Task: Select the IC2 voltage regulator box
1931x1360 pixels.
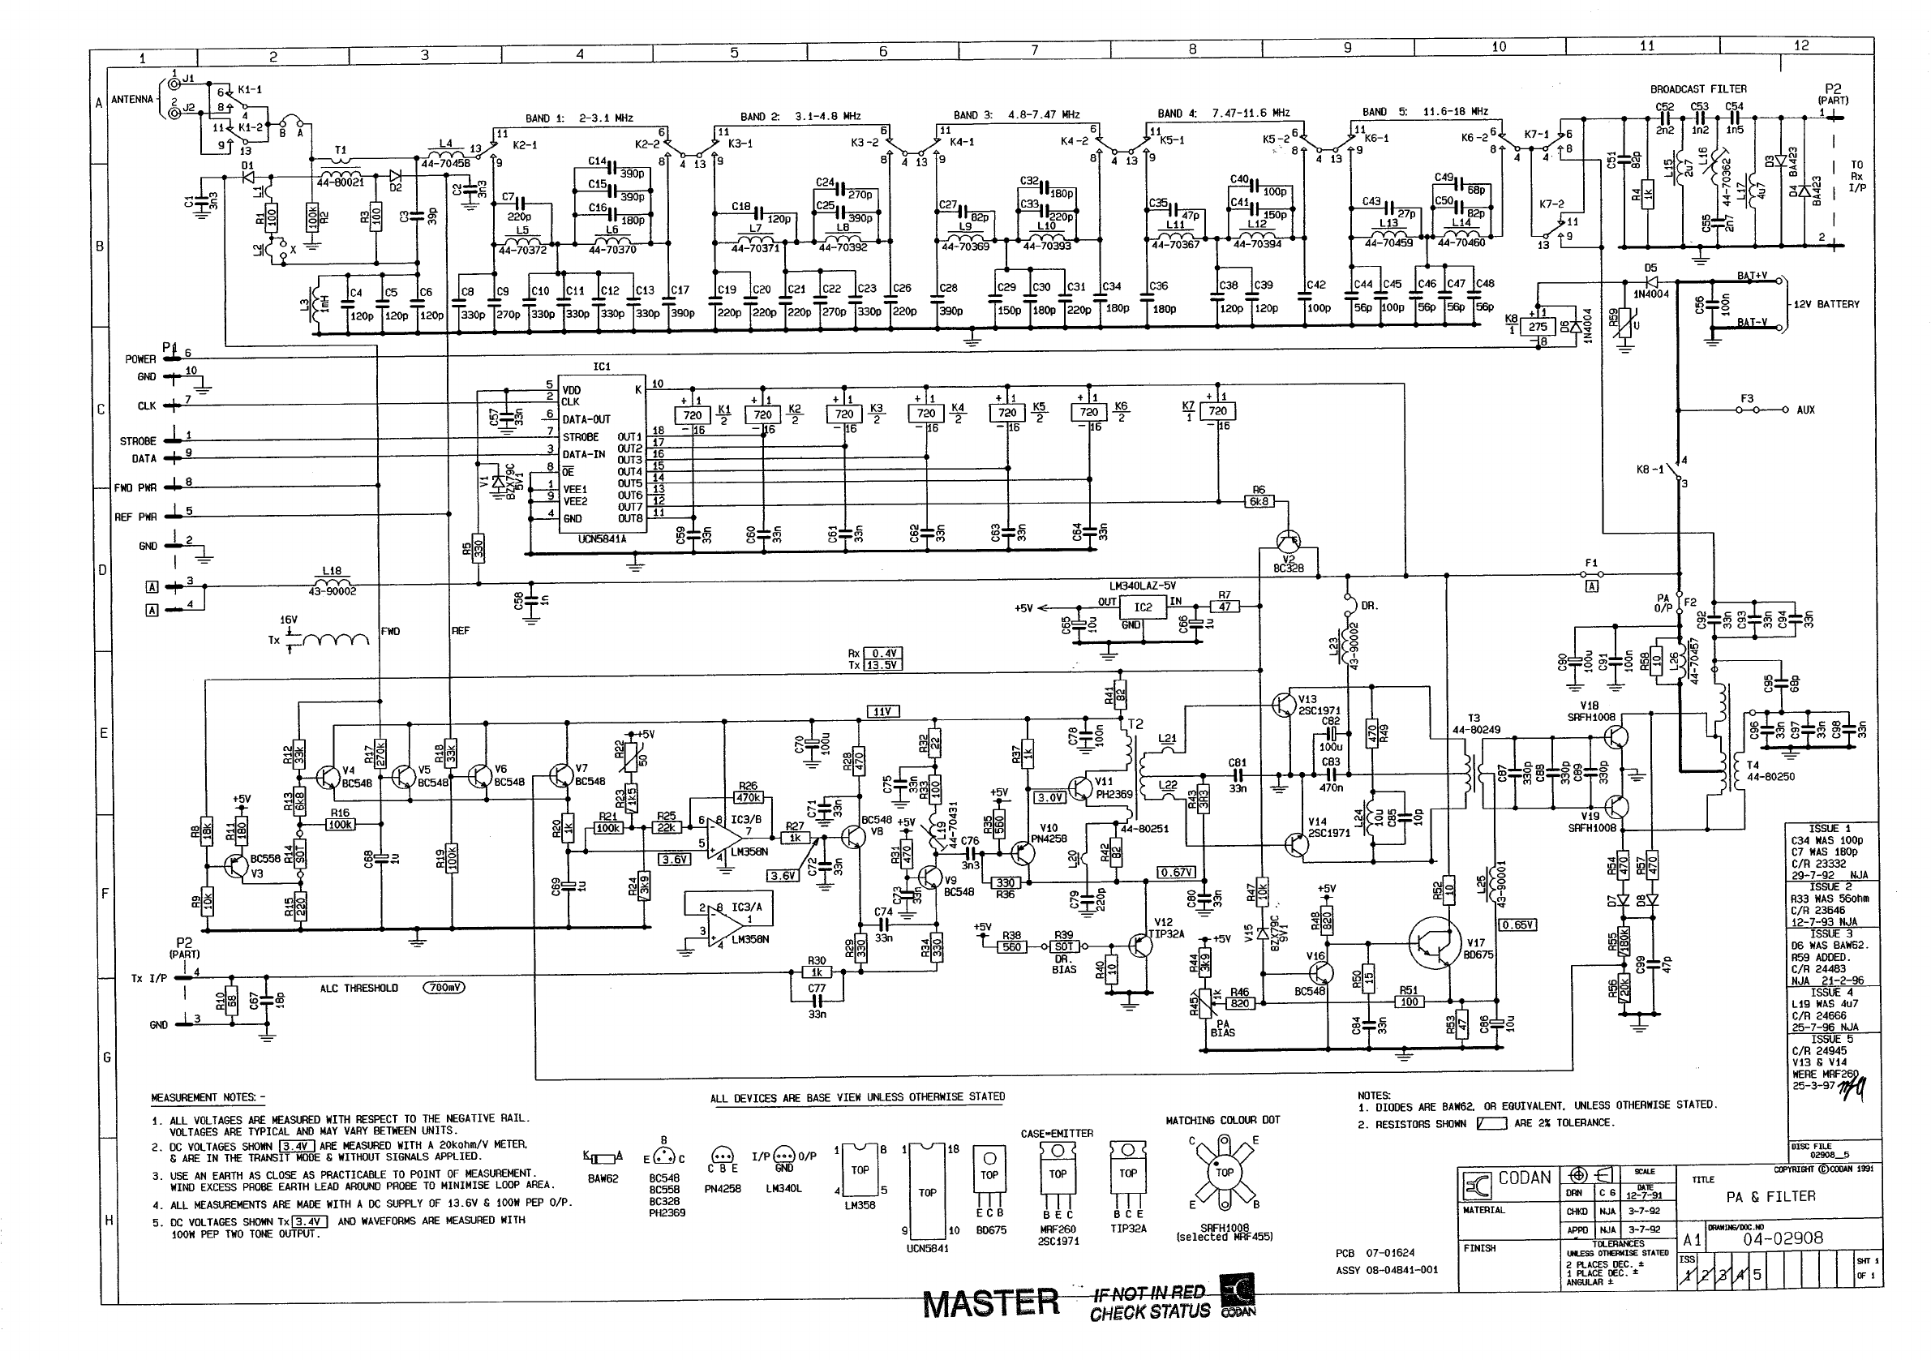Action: click(x=1143, y=607)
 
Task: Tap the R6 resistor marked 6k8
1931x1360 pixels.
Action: click(x=1259, y=501)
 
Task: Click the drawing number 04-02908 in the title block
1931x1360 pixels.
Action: click(x=1782, y=1238)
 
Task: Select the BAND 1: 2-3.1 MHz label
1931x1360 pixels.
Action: click(x=580, y=118)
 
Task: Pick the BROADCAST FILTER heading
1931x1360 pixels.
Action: click(x=1698, y=89)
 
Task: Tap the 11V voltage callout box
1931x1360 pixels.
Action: click(x=882, y=711)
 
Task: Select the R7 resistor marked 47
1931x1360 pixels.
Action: click(x=1225, y=607)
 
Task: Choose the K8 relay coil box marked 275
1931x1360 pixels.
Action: click(x=1538, y=327)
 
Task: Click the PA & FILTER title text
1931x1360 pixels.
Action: click(x=1770, y=1196)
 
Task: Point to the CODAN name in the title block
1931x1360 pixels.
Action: click(x=1524, y=1178)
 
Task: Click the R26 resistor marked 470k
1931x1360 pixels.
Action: click(x=748, y=797)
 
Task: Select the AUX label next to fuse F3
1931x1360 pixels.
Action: click(x=1805, y=410)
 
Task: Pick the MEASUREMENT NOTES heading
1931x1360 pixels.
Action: click(x=207, y=1097)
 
